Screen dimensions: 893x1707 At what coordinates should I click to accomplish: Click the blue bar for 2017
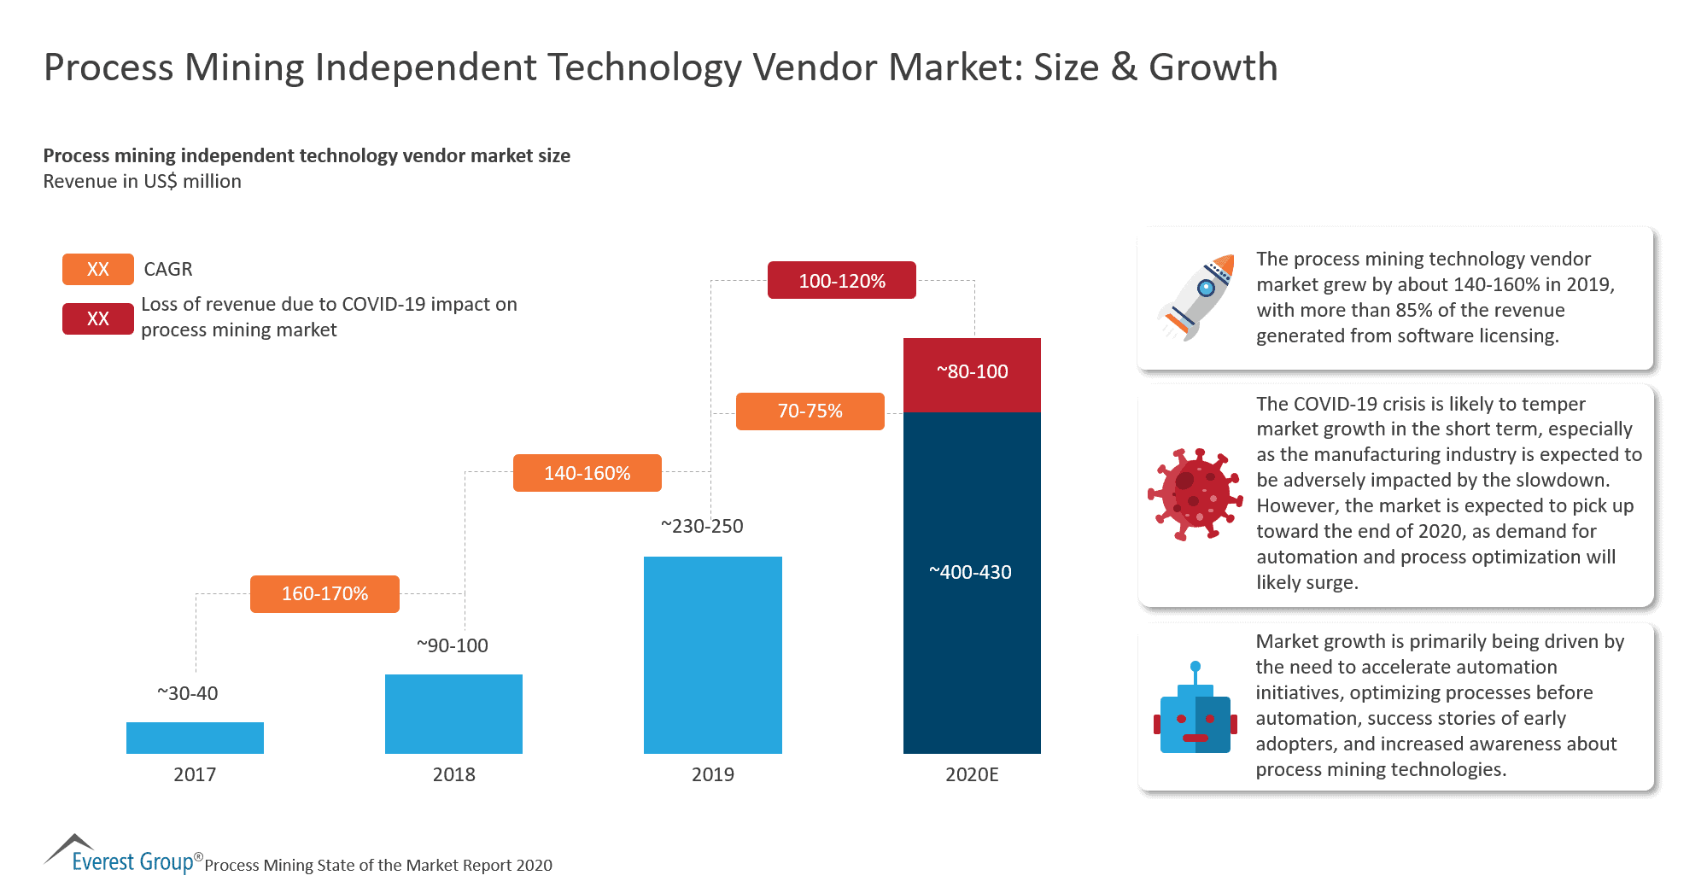tap(195, 738)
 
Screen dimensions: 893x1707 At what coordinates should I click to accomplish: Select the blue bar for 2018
tap(453, 714)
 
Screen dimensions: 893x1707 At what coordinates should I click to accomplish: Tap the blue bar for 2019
tap(712, 655)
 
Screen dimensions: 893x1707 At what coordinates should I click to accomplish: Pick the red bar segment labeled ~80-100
tap(972, 373)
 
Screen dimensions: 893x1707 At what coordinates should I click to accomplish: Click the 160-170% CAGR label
tap(324, 593)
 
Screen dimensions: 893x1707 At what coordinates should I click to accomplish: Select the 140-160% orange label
tap(587, 473)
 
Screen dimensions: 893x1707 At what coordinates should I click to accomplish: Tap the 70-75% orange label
tap(810, 411)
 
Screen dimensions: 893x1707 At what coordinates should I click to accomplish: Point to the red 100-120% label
tap(841, 281)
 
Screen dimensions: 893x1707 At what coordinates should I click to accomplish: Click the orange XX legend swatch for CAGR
tap(98, 269)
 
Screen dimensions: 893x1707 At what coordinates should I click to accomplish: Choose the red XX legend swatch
tap(98, 318)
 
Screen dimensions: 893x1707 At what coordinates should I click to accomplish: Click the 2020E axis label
tap(972, 774)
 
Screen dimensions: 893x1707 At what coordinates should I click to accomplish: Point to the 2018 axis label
tap(453, 774)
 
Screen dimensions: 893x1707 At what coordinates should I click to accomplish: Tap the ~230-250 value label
tap(702, 526)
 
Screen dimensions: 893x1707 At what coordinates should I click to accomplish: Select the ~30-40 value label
tap(188, 693)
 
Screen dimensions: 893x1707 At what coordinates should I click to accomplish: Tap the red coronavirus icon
tap(1195, 494)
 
